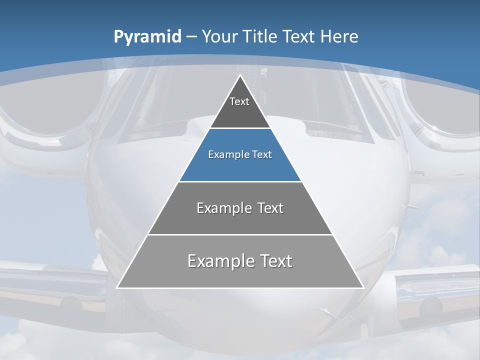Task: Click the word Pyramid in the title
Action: (x=147, y=37)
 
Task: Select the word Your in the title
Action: (x=219, y=37)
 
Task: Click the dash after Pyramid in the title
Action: (x=191, y=37)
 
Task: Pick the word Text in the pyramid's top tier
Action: (x=239, y=101)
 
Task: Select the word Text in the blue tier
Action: (x=262, y=154)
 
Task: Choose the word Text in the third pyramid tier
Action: (x=270, y=208)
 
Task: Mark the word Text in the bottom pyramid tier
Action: (x=275, y=261)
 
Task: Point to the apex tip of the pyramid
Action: (x=240, y=75)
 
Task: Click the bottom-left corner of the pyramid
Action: (x=117, y=287)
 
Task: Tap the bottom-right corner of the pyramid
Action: (x=363, y=287)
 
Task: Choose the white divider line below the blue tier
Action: (x=240, y=181)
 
